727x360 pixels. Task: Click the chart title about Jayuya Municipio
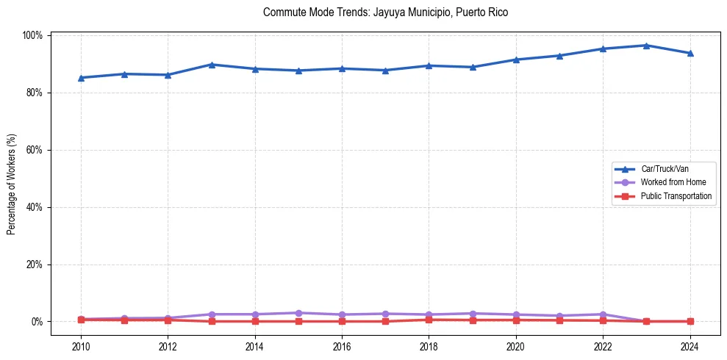click(385, 12)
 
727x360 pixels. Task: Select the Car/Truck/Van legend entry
click(665, 168)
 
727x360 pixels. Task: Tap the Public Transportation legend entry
click(676, 196)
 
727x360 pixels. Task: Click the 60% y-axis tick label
click(35, 150)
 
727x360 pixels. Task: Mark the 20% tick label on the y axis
click(35, 264)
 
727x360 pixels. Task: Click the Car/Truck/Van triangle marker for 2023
click(646, 46)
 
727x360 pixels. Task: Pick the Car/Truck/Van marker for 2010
click(81, 77)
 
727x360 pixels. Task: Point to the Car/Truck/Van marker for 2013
click(212, 65)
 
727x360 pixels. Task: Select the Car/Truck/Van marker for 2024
click(690, 53)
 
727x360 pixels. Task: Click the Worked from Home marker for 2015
click(298, 313)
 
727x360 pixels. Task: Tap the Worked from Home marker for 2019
click(473, 314)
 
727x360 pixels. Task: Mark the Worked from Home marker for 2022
click(603, 314)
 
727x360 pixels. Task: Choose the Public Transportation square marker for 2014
click(255, 321)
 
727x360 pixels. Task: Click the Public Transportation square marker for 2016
click(342, 321)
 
